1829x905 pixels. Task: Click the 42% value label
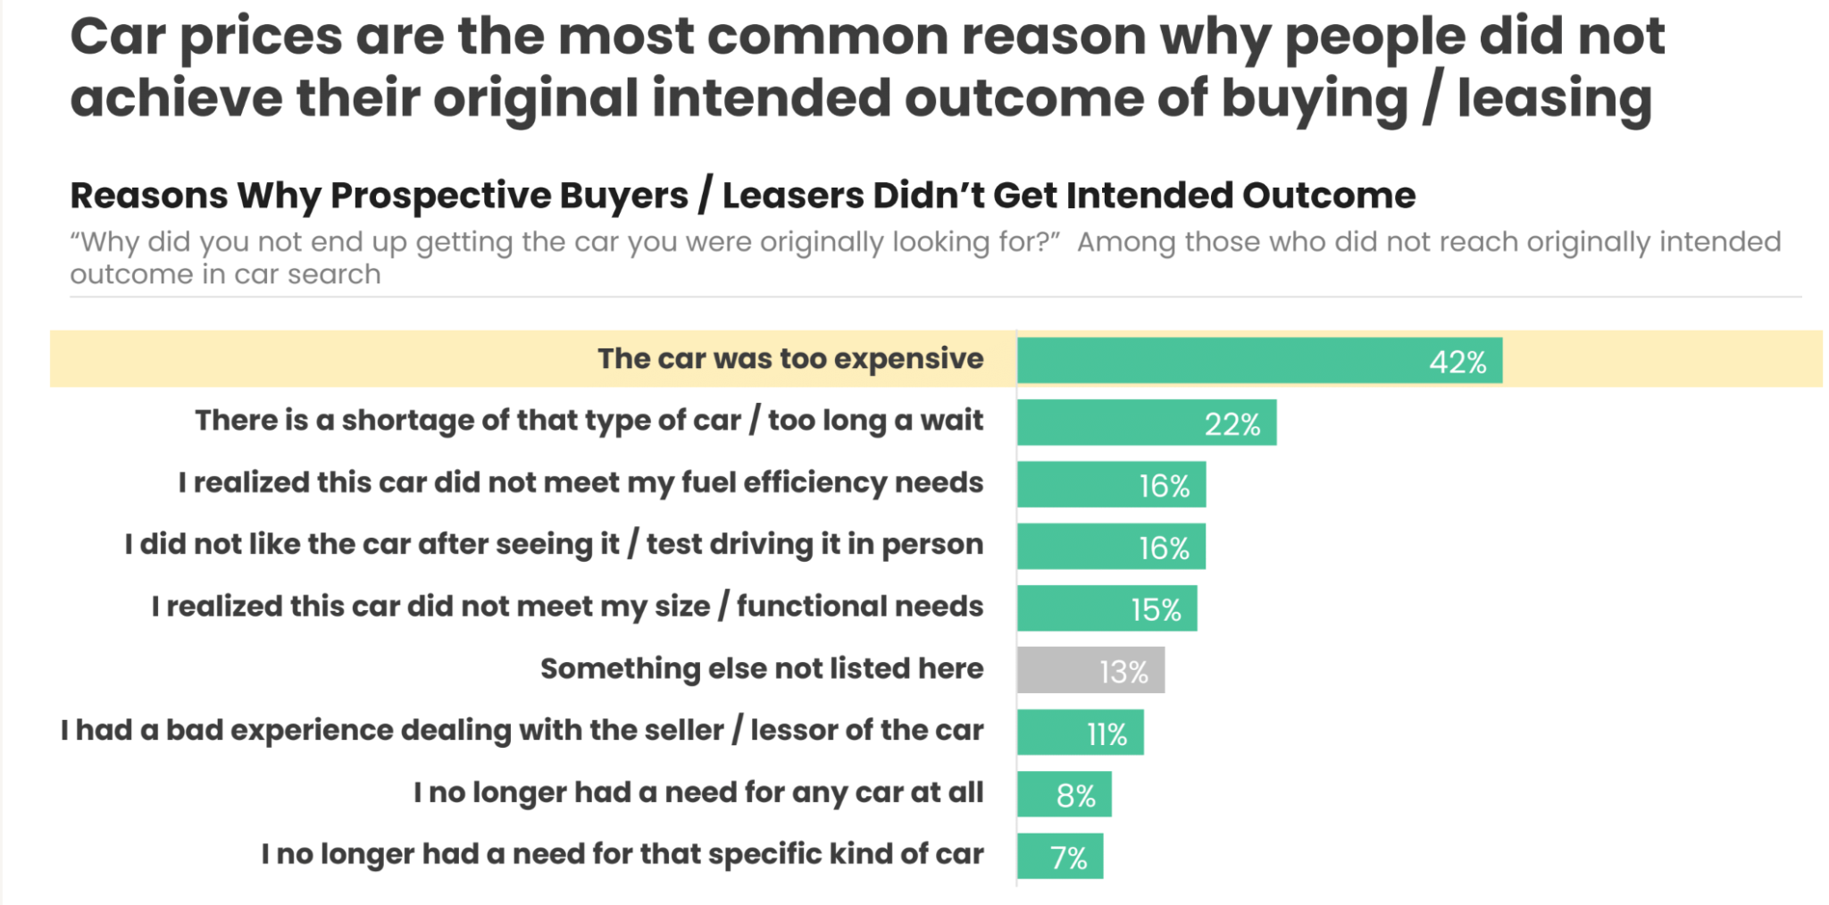click(1457, 362)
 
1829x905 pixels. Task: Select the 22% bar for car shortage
click(1146, 423)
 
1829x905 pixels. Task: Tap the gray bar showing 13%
click(1090, 670)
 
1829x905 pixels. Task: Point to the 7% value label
click(1068, 858)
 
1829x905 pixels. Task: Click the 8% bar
click(1064, 794)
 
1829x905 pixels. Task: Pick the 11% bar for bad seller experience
click(1080, 733)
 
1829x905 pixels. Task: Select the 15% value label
click(1156, 609)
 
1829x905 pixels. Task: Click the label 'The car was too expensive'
click(790, 358)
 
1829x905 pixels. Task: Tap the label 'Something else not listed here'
click(762, 668)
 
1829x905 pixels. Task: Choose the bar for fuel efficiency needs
click(1111, 484)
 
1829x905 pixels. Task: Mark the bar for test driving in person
click(1111, 547)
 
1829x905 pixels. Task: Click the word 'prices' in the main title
click(261, 38)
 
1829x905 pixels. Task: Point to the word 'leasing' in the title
click(1554, 98)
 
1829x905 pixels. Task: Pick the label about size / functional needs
click(567, 607)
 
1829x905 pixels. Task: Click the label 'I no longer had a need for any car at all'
click(698, 792)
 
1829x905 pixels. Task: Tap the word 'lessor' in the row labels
click(791, 730)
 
